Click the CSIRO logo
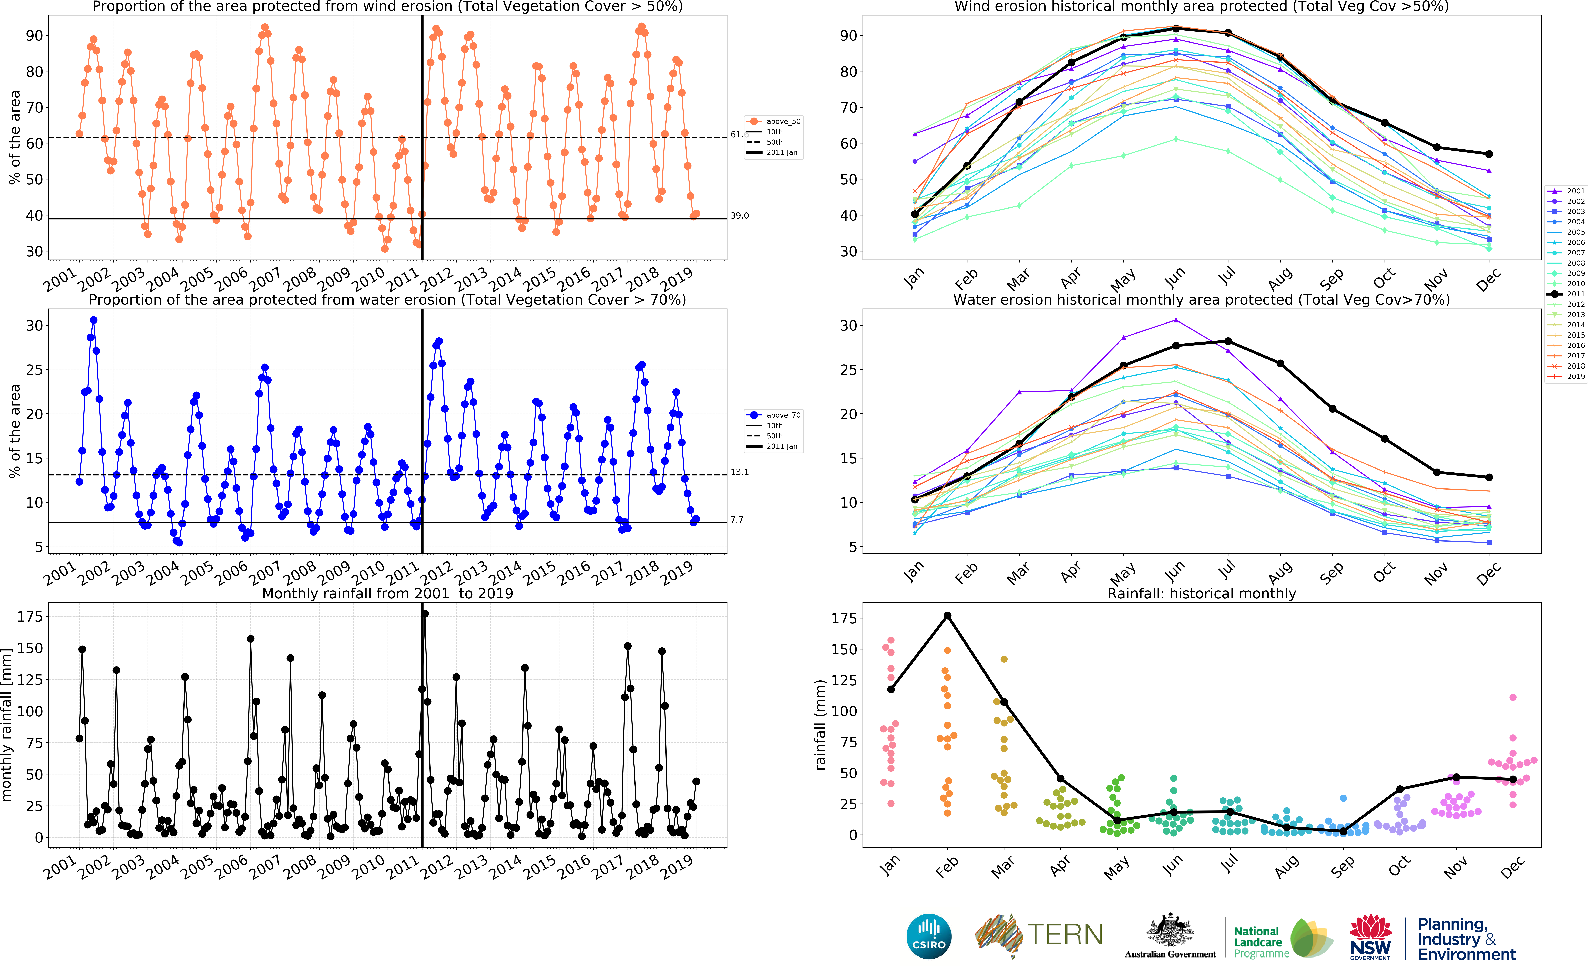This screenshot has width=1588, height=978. (x=929, y=936)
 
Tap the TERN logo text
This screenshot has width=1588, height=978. (x=1065, y=935)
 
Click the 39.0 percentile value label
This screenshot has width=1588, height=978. (x=739, y=215)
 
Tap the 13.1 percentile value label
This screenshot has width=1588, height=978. (x=739, y=472)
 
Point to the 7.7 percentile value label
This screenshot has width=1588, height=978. (x=737, y=519)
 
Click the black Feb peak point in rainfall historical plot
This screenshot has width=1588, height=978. (x=948, y=616)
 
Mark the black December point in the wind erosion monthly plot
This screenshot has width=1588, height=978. (x=1489, y=154)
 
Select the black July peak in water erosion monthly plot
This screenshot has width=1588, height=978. (x=1228, y=341)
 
